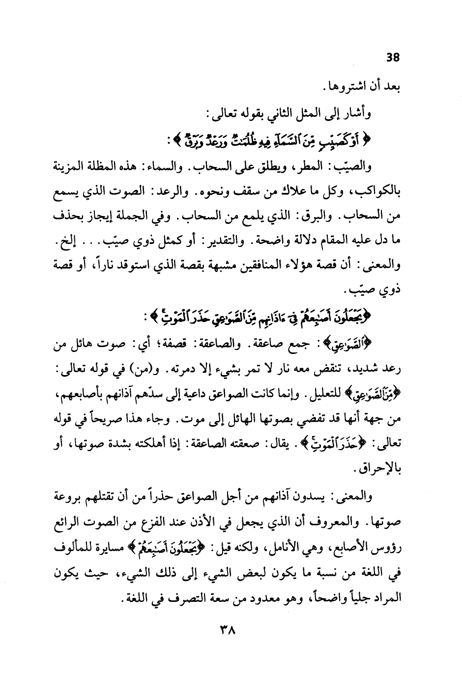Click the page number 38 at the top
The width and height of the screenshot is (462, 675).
pyautogui.click(x=393, y=57)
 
